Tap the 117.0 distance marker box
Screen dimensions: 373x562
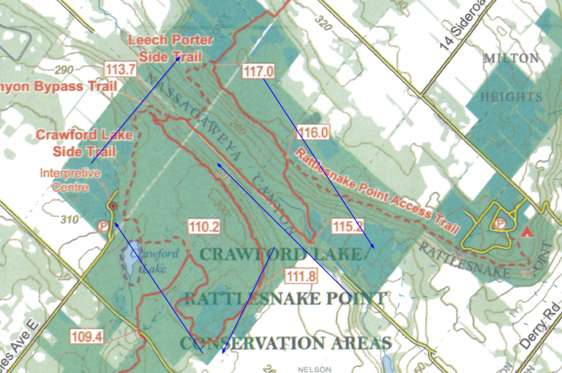tap(258, 72)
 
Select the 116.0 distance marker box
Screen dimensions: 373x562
tap(313, 133)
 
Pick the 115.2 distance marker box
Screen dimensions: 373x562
tap(347, 226)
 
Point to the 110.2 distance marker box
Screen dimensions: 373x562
tap(204, 227)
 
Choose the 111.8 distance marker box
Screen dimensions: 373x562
tap(301, 276)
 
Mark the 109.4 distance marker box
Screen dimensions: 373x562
tap(87, 336)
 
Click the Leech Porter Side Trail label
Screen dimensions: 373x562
tap(165, 47)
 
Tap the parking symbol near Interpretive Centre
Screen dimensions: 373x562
tap(103, 226)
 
